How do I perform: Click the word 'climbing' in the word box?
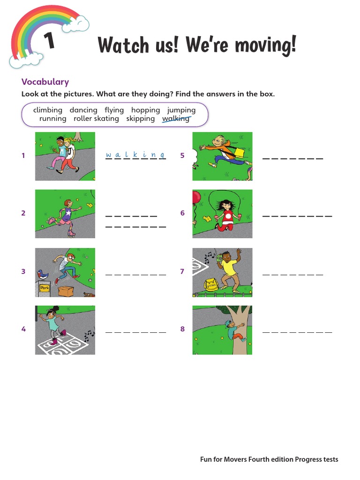point(48,110)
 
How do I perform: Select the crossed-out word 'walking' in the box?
point(176,119)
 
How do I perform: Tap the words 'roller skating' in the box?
point(96,119)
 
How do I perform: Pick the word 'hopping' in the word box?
point(145,110)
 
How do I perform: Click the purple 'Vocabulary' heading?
point(45,82)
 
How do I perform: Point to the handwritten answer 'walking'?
point(135,155)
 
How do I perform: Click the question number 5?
point(182,156)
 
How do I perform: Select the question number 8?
point(182,329)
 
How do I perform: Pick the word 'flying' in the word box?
point(114,110)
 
